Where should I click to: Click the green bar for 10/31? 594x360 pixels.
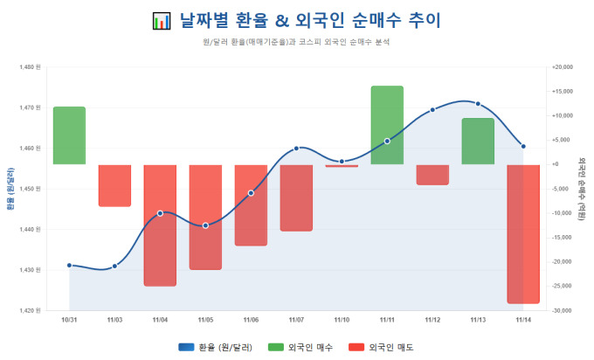point(69,135)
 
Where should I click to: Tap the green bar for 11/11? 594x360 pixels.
point(387,125)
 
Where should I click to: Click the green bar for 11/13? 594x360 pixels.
point(478,142)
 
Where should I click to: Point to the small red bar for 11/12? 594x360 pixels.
point(432,174)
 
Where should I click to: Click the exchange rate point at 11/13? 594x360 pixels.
point(478,104)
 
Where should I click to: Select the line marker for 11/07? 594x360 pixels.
point(296,148)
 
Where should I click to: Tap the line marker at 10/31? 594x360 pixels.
point(69,265)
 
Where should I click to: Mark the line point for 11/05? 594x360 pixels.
point(205,225)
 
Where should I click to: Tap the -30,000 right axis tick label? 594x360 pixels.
point(565,310)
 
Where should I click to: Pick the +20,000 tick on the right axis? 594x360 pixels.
point(565,66)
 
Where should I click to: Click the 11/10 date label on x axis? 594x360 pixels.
point(342,320)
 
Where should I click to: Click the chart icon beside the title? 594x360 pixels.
point(160,19)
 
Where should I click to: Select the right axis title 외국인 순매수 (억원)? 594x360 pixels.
point(582,188)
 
